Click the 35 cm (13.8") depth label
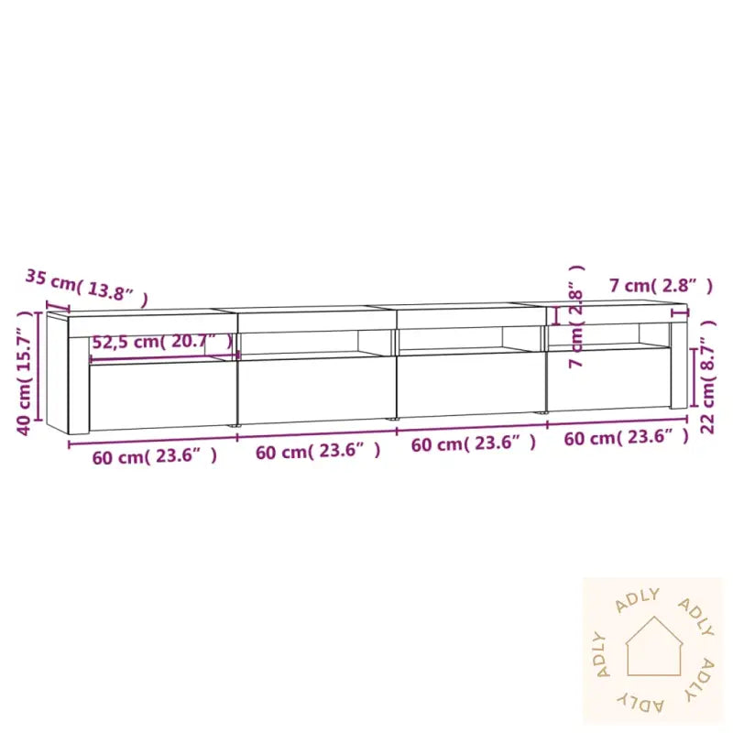pos(86,285)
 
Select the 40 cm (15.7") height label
pos(24,372)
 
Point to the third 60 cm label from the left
pos(473,443)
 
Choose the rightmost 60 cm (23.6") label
pos(626,438)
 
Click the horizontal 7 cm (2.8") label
pos(661,286)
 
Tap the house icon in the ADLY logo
pos(653,646)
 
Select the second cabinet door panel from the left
pos(316,389)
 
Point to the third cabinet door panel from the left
pos(471,385)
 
